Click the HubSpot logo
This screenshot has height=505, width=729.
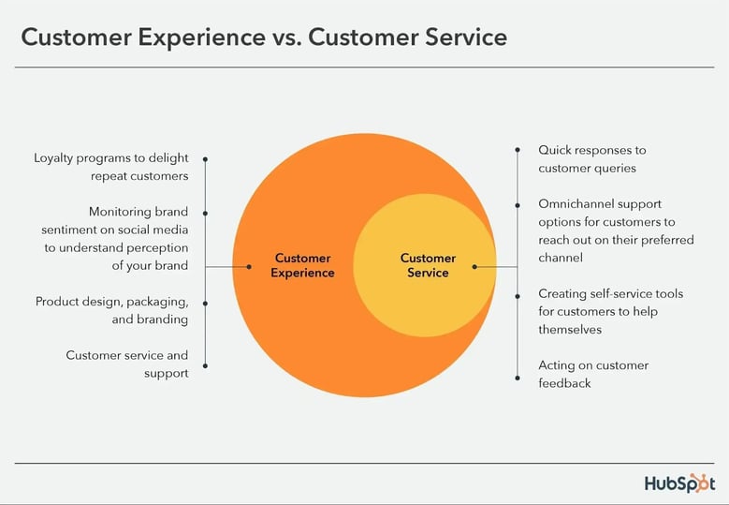tap(679, 483)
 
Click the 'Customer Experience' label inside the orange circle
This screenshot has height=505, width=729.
tap(304, 265)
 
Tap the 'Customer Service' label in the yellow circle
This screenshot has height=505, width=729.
tap(428, 265)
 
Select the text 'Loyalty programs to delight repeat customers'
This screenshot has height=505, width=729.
tap(111, 168)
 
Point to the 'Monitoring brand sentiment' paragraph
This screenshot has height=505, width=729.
tap(114, 239)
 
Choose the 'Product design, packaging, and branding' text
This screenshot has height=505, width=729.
tap(111, 310)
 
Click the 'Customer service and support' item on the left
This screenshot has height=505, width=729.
tap(126, 364)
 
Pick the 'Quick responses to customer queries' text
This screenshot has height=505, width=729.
tap(591, 159)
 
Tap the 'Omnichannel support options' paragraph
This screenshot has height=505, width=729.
tap(616, 230)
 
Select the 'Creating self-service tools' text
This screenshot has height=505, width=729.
tap(610, 311)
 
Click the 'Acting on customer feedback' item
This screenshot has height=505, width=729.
tap(592, 374)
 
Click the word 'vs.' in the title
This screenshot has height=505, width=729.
tap(280, 37)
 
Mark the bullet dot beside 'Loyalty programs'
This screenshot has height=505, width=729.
tap(205, 160)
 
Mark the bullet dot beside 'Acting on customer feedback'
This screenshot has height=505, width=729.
tap(517, 378)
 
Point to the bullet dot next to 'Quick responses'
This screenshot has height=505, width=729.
tap(517, 150)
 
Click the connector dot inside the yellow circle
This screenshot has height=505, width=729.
tap(474, 267)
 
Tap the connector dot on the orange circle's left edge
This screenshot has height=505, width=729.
tap(249, 267)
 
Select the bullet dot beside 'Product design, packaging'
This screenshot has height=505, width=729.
tap(205, 303)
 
